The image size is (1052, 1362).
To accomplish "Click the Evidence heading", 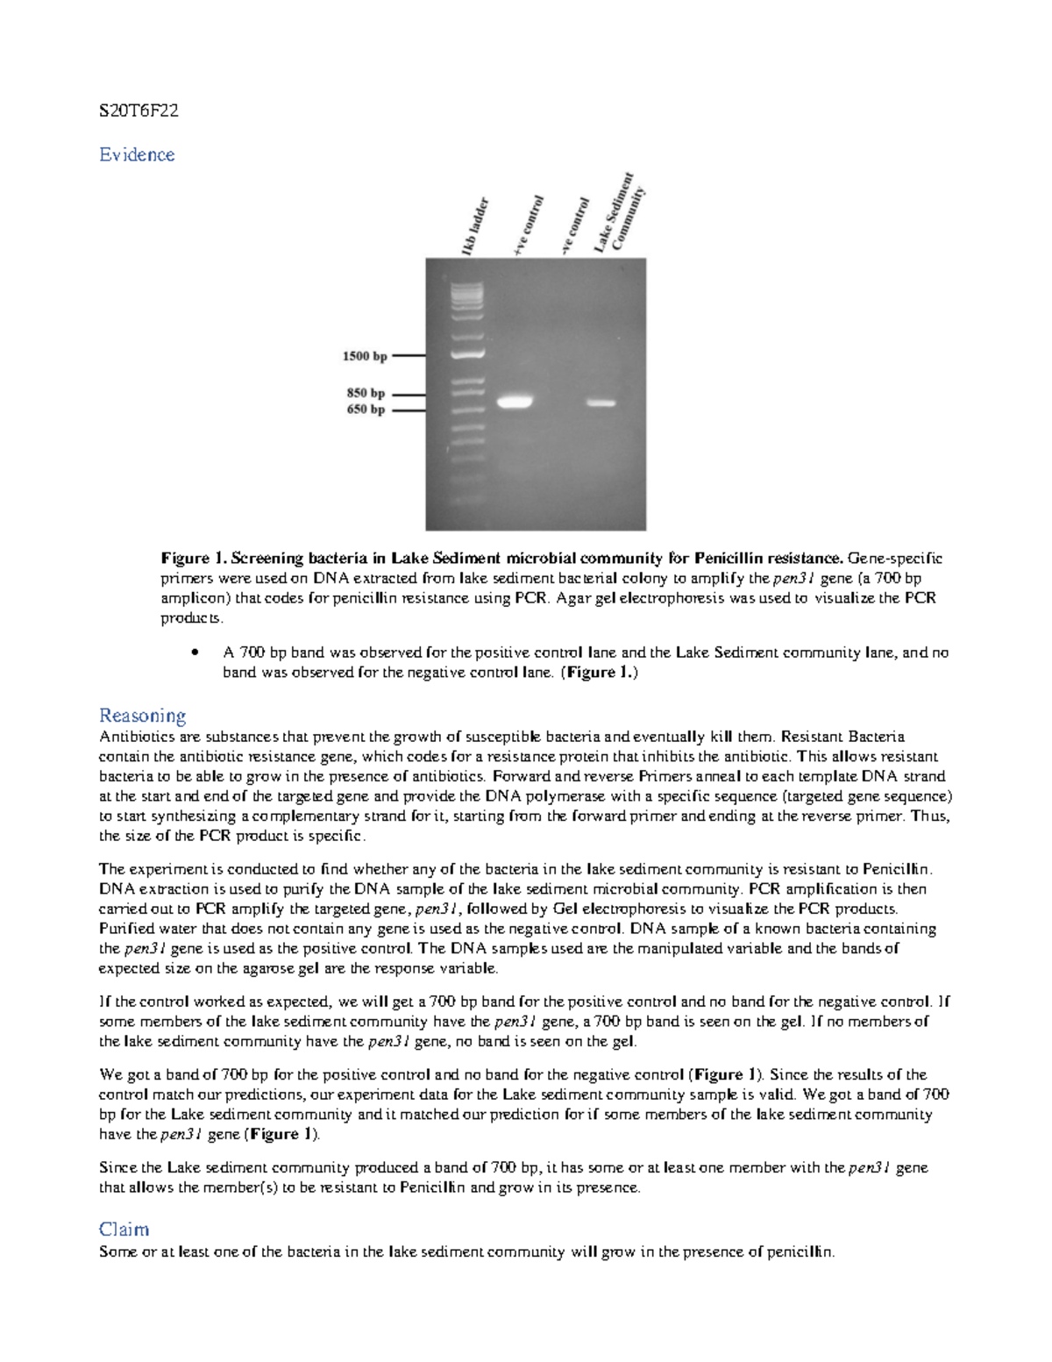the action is (137, 154).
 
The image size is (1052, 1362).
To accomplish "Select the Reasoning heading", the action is (142, 716).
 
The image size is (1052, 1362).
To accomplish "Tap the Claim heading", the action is (124, 1229).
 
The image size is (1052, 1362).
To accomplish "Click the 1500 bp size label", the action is (364, 356).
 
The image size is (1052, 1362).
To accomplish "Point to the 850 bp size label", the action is (366, 394).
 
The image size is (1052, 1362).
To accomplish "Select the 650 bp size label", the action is (366, 410).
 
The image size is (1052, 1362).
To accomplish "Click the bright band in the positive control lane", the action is (515, 403).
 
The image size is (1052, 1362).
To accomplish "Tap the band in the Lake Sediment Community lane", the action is (601, 403).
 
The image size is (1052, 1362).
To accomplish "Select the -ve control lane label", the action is (574, 227).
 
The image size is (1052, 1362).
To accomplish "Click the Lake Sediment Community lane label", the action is (621, 213).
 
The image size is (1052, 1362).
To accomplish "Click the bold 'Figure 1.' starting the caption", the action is (193, 558).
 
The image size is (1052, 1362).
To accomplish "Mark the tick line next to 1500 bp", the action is (409, 356).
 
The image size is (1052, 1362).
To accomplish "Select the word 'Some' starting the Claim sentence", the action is (118, 1251).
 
